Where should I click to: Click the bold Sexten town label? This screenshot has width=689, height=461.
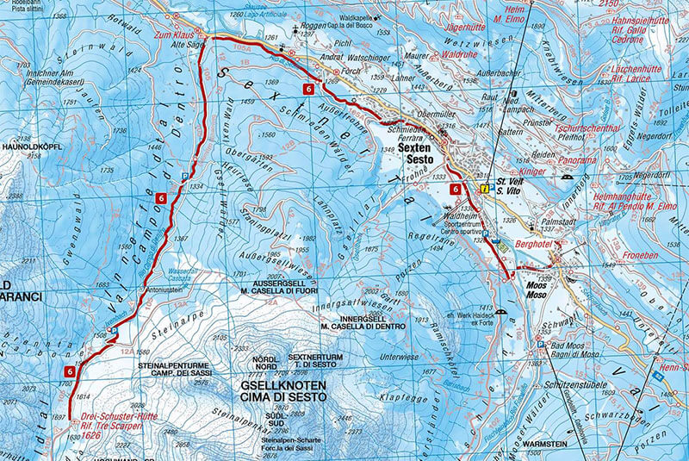point(419,148)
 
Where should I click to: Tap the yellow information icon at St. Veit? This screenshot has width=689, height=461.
point(485,184)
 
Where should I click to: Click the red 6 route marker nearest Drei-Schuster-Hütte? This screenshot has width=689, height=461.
point(68,371)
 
